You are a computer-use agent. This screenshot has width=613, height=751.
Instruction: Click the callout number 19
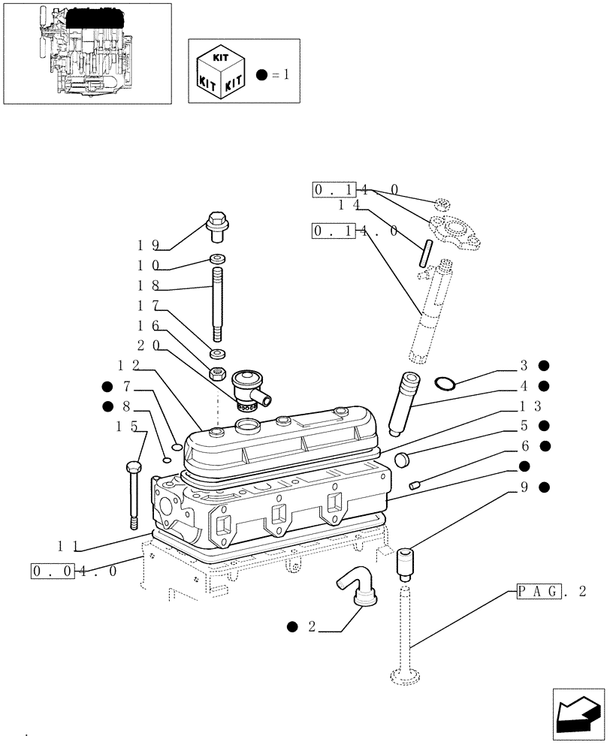[147, 245]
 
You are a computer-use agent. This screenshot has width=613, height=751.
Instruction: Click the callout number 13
[530, 406]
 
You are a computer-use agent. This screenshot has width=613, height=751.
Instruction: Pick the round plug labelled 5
[403, 457]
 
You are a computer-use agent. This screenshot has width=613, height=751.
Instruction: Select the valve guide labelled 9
[406, 564]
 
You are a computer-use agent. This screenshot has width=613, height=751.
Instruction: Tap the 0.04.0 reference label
[74, 571]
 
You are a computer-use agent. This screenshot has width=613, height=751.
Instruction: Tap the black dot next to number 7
[107, 387]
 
